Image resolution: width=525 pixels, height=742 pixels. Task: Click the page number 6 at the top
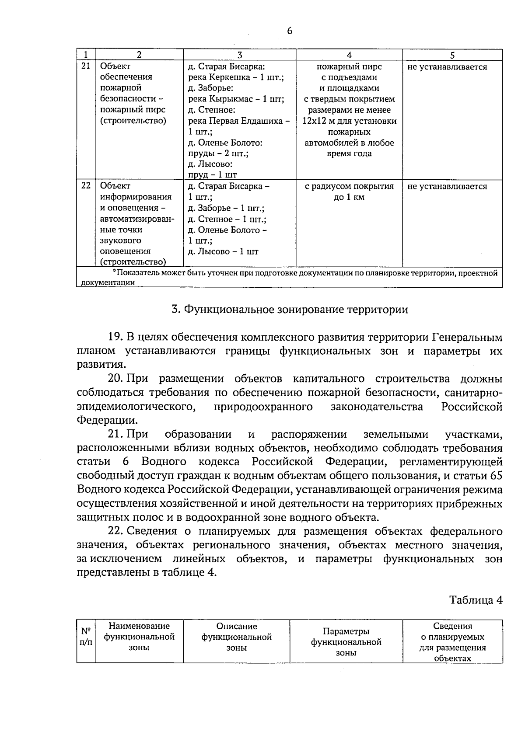pos(289,31)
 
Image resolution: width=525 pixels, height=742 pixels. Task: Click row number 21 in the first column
pos(86,66)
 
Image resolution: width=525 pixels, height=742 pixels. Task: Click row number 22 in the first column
pos(86,185)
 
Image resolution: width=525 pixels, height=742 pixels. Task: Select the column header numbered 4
pos(349,55)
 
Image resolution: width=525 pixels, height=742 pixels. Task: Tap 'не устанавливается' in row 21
pos(447,67)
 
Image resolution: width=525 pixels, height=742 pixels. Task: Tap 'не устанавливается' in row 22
pos(447,186)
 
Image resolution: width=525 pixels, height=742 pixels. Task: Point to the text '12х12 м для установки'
pos(349,121)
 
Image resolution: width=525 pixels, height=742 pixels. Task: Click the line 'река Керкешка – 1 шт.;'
pos(236,77)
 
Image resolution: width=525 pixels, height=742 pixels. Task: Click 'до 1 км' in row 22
pos(349,197)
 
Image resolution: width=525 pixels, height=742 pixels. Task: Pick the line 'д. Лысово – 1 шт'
pos(223,251)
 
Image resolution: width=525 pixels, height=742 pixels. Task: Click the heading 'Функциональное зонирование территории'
pos(290,310)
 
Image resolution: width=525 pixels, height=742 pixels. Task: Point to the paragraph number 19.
pos(116,338)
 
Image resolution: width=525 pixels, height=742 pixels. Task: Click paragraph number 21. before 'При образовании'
pos(115,434)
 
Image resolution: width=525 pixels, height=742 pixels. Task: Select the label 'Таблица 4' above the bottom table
pos(476,600)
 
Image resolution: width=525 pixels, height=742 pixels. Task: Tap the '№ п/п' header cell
pos(86,637)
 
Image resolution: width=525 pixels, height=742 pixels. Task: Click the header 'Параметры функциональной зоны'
pos(346,642)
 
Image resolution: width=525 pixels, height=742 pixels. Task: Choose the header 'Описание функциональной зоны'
pos(236,637)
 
